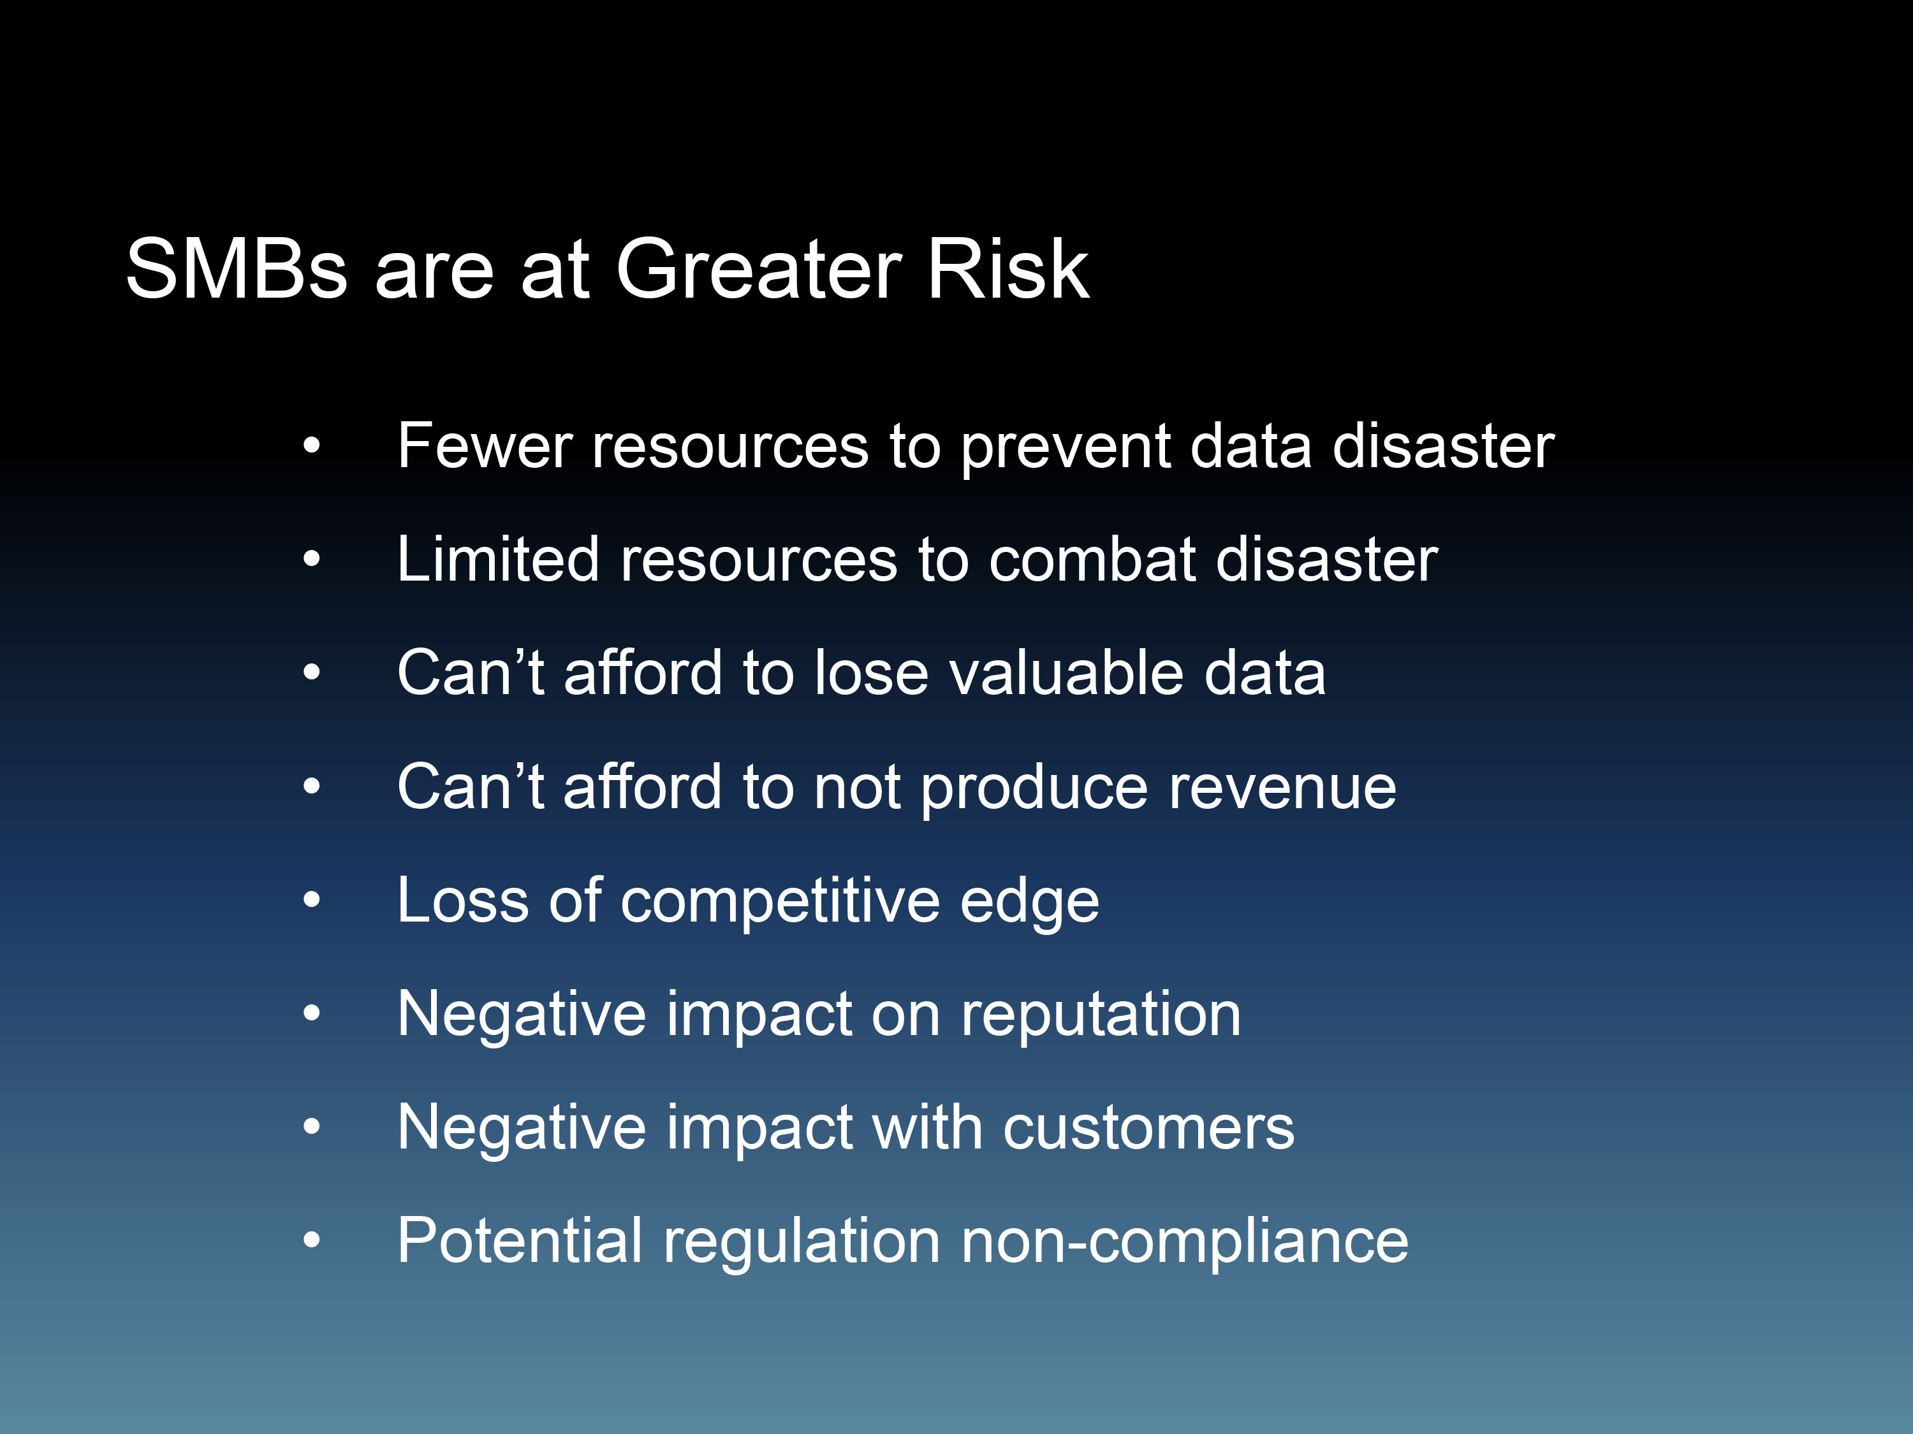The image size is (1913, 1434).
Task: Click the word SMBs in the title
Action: pos(236,269)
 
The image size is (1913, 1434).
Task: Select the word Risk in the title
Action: pos(1008,269)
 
